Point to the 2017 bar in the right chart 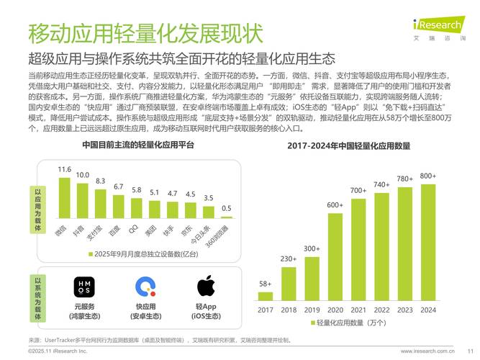click(x=265, y=295)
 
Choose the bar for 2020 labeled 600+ click(x=335, y=256)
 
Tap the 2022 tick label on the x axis click(x=381, y=310)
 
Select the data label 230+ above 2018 click(x=289, y=259)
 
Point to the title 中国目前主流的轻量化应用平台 click(x=138, y=145)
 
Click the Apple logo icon click(x=206, y=286)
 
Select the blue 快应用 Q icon click(x=146, y=287)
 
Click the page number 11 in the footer click(x=469, y=351)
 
